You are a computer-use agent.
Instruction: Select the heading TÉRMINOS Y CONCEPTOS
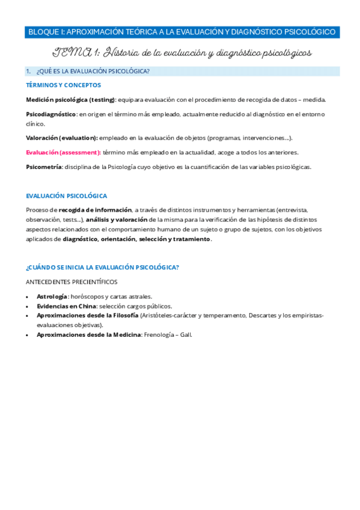[63, 85]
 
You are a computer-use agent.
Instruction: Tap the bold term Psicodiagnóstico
[51, 114]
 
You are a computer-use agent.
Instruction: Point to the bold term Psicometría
[44, 167]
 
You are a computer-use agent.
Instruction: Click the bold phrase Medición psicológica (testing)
[70, 99]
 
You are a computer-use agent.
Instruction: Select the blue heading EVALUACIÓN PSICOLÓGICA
[67, 196]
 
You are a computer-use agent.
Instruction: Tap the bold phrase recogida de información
[95, 210]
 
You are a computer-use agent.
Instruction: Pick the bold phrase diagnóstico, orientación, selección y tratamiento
[136, 239]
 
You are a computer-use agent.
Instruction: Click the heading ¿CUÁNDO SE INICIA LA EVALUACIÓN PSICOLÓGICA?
[102, 267]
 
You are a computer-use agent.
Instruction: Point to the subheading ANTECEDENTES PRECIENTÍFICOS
[72, 281]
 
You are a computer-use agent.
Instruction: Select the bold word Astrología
[52, 296]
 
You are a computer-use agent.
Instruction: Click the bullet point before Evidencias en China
[28, 306]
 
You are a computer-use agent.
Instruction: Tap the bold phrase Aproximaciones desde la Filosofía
[87, 315]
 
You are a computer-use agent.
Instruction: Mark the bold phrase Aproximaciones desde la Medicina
[88, 334]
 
